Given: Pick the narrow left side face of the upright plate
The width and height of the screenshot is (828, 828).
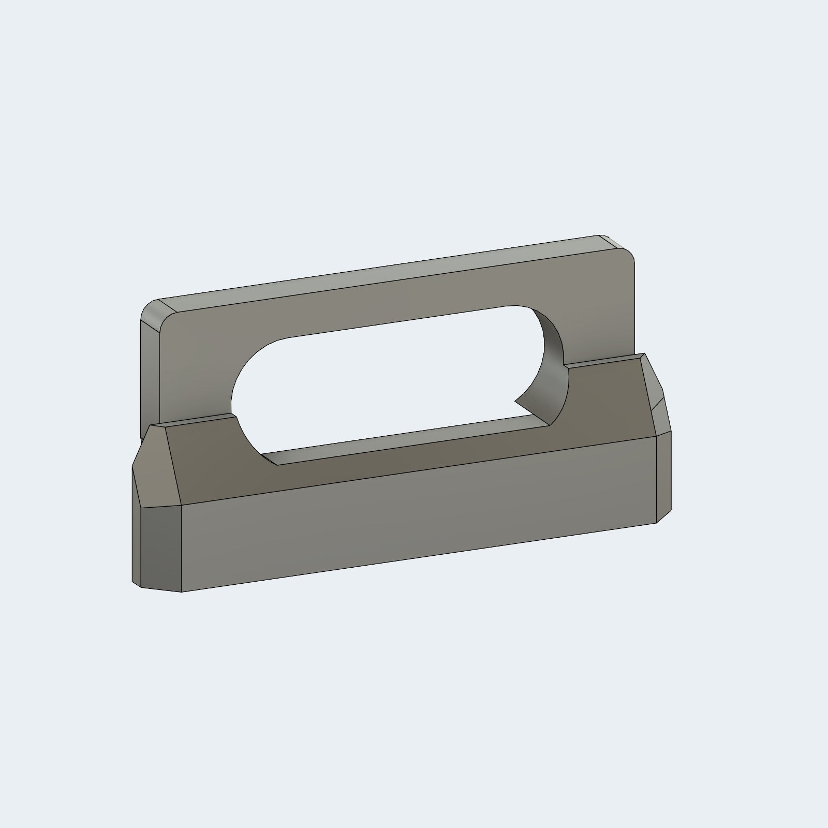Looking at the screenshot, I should (150, 373).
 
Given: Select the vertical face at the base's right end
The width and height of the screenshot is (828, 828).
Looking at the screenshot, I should (663, 476).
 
